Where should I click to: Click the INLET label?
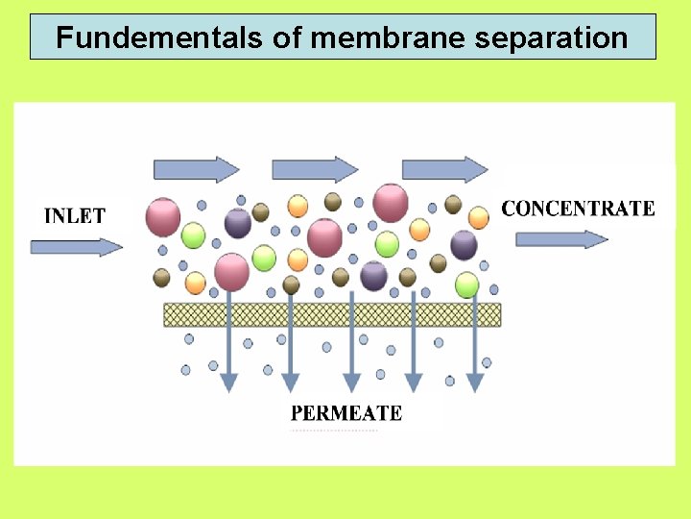click(x=74, y=215)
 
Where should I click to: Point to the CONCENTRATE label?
click(x=578, y=209)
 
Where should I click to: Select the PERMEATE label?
click(x=345, y=413)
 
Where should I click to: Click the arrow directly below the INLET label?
click(x=77, y=247)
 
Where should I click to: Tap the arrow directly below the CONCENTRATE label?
click(x=561, y=239)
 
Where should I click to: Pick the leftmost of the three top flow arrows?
click(x=196, y=169)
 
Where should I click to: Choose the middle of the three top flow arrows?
click(x=315, y=169)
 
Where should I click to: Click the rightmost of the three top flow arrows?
click(x=444, y=169)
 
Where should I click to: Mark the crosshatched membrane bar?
click(x=332, y=314)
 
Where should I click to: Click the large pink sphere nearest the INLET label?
click(x=163, y=217)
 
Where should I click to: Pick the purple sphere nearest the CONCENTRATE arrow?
click(x=464, y=244)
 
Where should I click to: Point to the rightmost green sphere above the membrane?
click(x=467, y=284)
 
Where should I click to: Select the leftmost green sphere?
click(x=194, y=235)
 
